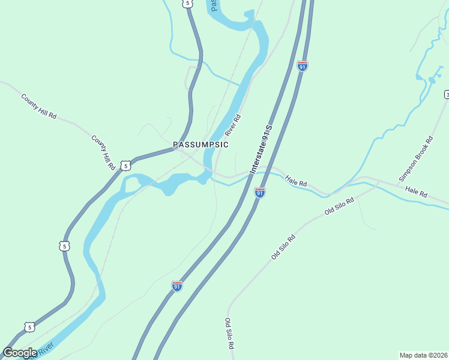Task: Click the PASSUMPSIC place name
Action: click(200, 145)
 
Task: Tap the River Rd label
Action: click(233, 124)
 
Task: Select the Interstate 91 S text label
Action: click(261, 149)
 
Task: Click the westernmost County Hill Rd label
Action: click(38, 106)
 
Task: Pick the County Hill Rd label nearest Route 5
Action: click(103, 152)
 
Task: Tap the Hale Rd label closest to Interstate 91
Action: click(296, 181)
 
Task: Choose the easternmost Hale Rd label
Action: click(415, 192)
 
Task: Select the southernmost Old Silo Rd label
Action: click(229, 334)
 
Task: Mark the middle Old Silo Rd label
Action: click(284, 247)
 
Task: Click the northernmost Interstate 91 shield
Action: click(303, 65)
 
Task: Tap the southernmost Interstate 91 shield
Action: click(176, 286)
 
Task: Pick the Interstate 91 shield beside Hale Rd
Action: click(259, 192)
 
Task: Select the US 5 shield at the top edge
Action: click(188, 4)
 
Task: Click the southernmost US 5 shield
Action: click(29, 326)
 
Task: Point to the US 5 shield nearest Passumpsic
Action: click(124, 165)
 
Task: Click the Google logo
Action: click(20, 353)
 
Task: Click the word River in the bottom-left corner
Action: click(46, 347)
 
